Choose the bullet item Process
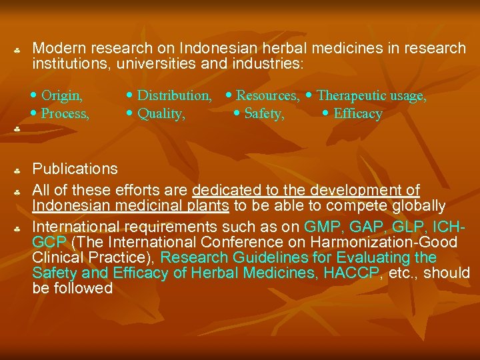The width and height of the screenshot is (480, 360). coord(65,113)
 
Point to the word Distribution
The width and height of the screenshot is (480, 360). coord(174,96)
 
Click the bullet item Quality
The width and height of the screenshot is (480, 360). coord(161,113)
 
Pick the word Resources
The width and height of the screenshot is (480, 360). coord(267,96)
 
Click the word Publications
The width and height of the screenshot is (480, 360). coord(75,169)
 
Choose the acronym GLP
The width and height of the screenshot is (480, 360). coord(403,227)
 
